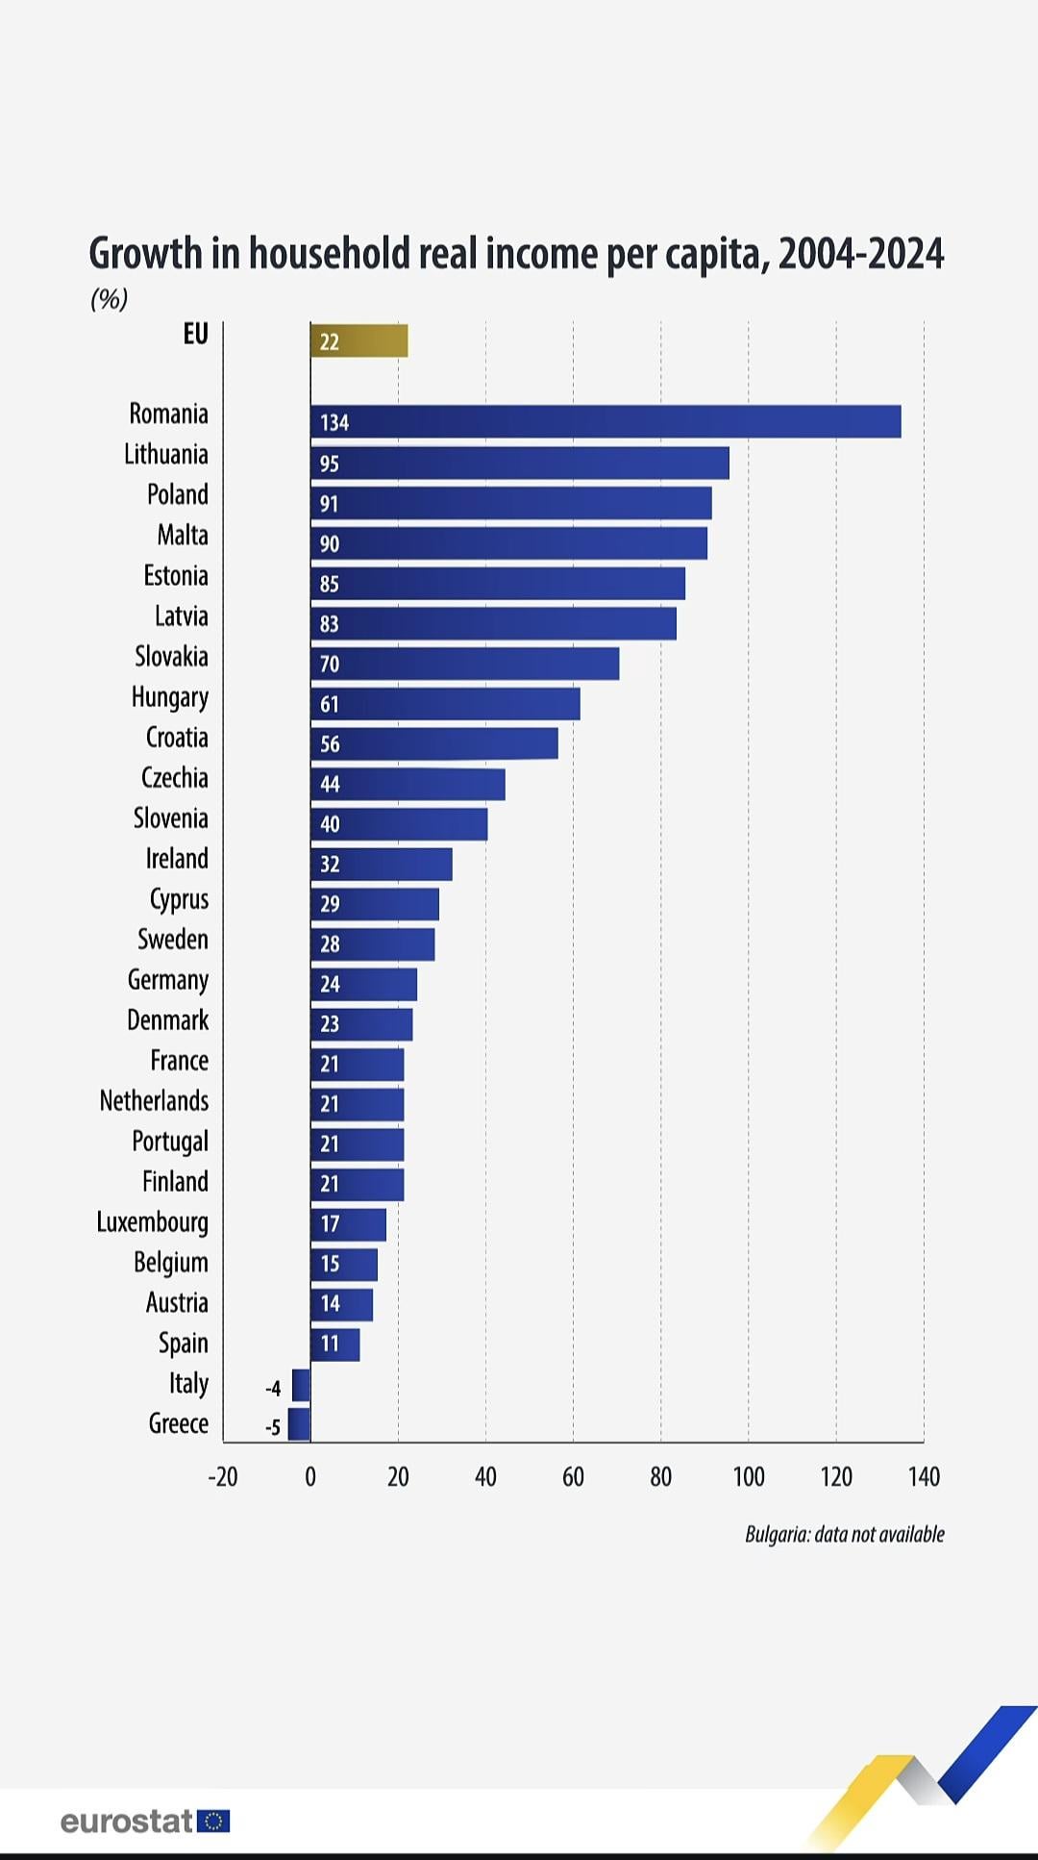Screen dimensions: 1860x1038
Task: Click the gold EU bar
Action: [x=358, y=341]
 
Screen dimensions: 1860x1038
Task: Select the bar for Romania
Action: [x=605, y=422]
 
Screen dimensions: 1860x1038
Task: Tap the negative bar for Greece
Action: [x=299, y=1424]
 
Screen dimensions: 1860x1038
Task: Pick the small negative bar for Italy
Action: [x=301, y=1385]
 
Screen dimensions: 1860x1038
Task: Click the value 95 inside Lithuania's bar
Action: [x=330, y=464]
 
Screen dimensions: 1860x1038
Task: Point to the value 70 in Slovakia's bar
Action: [x=330, y=664]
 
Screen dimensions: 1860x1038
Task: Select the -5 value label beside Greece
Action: [x=273, y=1427]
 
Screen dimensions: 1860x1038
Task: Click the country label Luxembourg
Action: [x=152, y=1222]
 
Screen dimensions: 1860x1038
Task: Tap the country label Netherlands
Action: [x=154, y=1101]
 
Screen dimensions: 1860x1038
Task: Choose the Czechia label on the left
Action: [x=174, y=778]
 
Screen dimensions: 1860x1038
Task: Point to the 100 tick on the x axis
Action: [x=749, y=1476]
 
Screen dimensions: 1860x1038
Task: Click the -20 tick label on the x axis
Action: [x=222, y=1476]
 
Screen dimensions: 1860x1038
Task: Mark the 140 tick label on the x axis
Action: [x=924, y=1476]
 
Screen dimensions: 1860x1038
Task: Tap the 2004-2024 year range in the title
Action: [x=861, y=254]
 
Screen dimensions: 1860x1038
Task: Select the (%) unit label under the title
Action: [x=109, y=299]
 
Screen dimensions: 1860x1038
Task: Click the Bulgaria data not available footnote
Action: [x=844, y=1534]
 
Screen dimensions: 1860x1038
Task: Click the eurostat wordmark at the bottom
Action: [x=127, y=1821]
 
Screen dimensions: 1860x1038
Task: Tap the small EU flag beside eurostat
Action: [x=213, y=1821]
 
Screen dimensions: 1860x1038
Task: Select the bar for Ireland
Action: [x=381, y=864]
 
